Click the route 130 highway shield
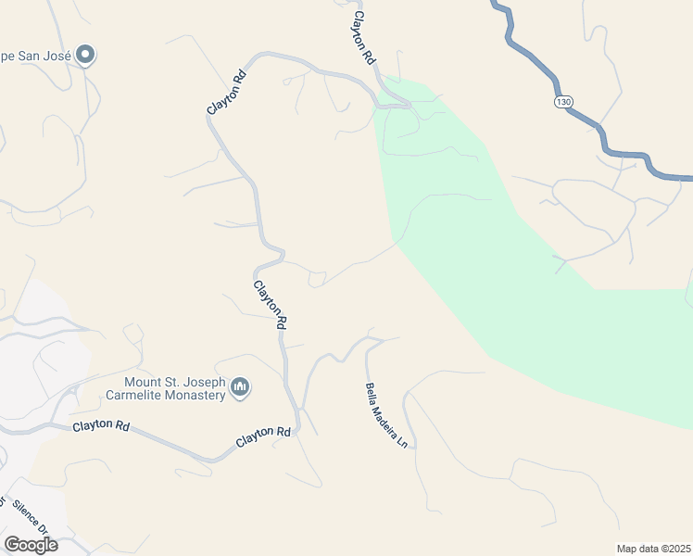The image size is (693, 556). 562,101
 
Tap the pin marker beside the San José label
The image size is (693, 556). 86,56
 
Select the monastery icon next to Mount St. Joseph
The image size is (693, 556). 240,386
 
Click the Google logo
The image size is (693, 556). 31,545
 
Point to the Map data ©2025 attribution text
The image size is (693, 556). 653,549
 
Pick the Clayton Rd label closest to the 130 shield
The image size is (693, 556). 362,38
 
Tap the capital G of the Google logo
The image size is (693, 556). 11,545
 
